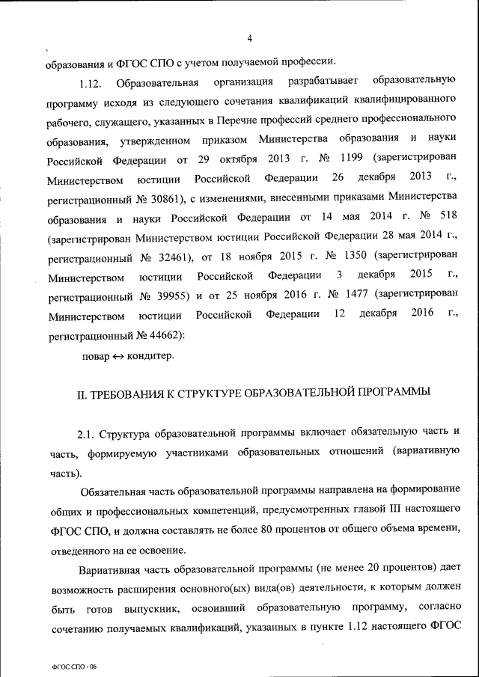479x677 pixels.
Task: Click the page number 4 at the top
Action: point(249,39)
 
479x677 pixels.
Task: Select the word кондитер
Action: point(151,356)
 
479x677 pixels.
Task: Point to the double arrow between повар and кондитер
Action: point(120,356)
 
